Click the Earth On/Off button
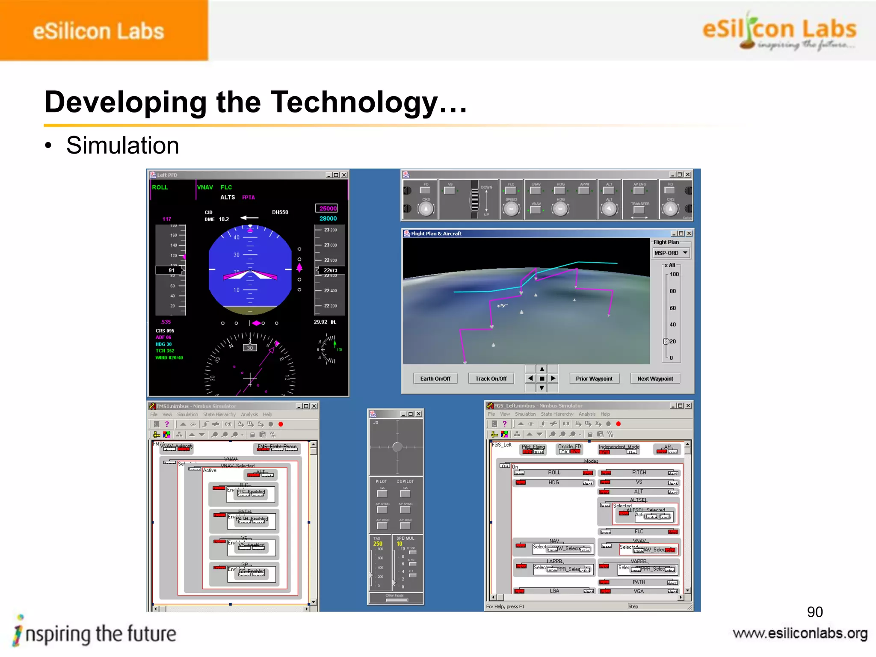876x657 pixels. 435,379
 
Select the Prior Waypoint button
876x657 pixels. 594,379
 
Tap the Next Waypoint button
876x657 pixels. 655,379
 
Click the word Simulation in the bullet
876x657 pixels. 122,145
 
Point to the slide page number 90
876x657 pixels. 814,612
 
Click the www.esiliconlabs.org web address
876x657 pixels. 800,633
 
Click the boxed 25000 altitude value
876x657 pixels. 328,208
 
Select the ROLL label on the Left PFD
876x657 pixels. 160,187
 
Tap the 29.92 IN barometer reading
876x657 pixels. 325,322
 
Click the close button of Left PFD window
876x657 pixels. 344,175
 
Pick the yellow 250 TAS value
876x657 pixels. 378,544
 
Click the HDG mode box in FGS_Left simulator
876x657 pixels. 553,482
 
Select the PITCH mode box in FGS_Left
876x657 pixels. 639,473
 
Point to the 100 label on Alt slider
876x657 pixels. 674,274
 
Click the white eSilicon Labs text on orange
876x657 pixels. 98,31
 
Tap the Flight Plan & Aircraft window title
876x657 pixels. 436,234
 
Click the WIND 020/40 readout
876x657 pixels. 169,358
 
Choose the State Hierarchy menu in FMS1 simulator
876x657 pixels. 219,414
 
